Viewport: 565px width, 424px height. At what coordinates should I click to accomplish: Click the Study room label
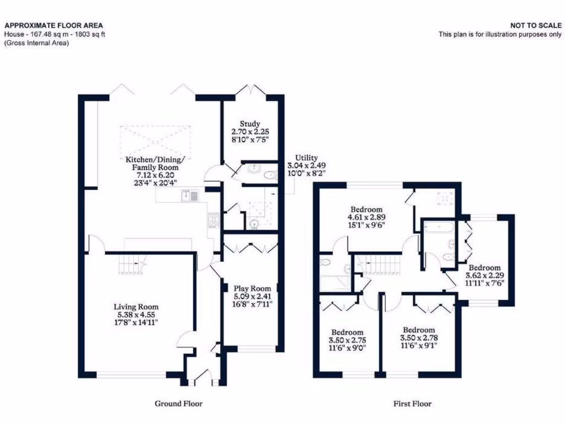[x=249, y=124]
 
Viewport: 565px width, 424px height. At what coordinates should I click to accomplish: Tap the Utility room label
[x=306, y=158]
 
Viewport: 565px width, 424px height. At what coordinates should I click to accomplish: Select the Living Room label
[x=136, y=307]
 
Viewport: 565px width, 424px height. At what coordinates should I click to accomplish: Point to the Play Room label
[x=252, y=288]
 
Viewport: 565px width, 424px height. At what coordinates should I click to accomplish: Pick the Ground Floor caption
[x=178, y=404]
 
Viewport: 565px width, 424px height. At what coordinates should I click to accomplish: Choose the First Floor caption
[x=412, y=404]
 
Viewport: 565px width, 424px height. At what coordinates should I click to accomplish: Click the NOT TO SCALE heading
[x=535, y=25]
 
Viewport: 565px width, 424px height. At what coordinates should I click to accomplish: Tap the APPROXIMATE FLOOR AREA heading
[x=54, y=25]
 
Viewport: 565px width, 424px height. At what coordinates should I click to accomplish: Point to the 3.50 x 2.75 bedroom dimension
[x=346, y=340]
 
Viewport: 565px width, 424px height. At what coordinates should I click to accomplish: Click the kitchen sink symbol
[x=190, y=194]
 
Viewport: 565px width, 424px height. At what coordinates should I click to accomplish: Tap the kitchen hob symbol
[x=213, y=220]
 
